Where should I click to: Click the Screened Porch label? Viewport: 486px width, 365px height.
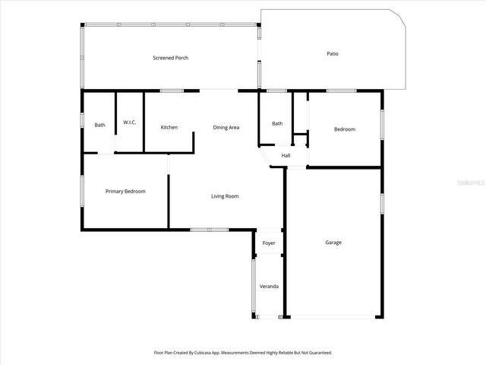pos(170,58)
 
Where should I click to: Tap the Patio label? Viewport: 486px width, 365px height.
pos(333,54)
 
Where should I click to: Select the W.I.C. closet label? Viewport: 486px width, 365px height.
pos(129,122)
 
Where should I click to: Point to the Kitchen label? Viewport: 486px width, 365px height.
pos(169,127)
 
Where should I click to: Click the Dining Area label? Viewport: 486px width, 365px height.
pos(226,127)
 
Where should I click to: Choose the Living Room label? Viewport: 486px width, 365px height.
pos(225,196)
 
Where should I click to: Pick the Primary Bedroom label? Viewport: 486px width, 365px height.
pos(125,191)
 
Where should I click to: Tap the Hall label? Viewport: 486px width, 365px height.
pos(286,156)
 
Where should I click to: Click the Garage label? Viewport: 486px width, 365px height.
pos(333,243)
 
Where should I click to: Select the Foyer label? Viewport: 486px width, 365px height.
pos(269,243)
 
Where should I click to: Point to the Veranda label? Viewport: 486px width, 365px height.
pos(269,286)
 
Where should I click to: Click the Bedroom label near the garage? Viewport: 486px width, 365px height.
pos(345,129)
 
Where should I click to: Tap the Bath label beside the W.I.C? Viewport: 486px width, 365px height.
pos(99,125)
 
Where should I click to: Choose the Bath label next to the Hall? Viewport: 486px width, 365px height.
pos(277,124)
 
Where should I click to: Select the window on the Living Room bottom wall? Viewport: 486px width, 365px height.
pos(210,229)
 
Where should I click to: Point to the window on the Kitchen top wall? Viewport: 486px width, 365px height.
pos(172,91)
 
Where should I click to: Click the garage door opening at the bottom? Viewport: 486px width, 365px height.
pos(333,317)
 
